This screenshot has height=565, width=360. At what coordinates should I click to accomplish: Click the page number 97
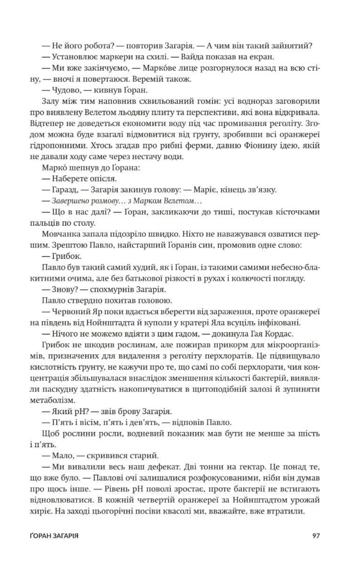click(316, 536)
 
